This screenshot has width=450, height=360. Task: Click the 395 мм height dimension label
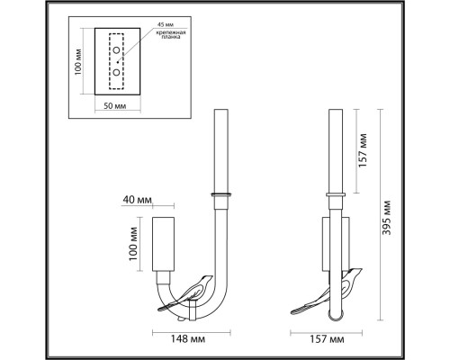387,217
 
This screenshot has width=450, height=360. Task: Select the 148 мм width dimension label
188,339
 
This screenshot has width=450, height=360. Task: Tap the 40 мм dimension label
137,200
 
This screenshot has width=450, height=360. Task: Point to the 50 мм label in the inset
115,105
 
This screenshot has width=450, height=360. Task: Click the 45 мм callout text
166,24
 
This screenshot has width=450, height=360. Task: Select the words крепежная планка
171,35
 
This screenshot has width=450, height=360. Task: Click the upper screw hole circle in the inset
116,50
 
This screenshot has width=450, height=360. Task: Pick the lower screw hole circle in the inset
116,72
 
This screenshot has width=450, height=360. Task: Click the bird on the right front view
327,294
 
